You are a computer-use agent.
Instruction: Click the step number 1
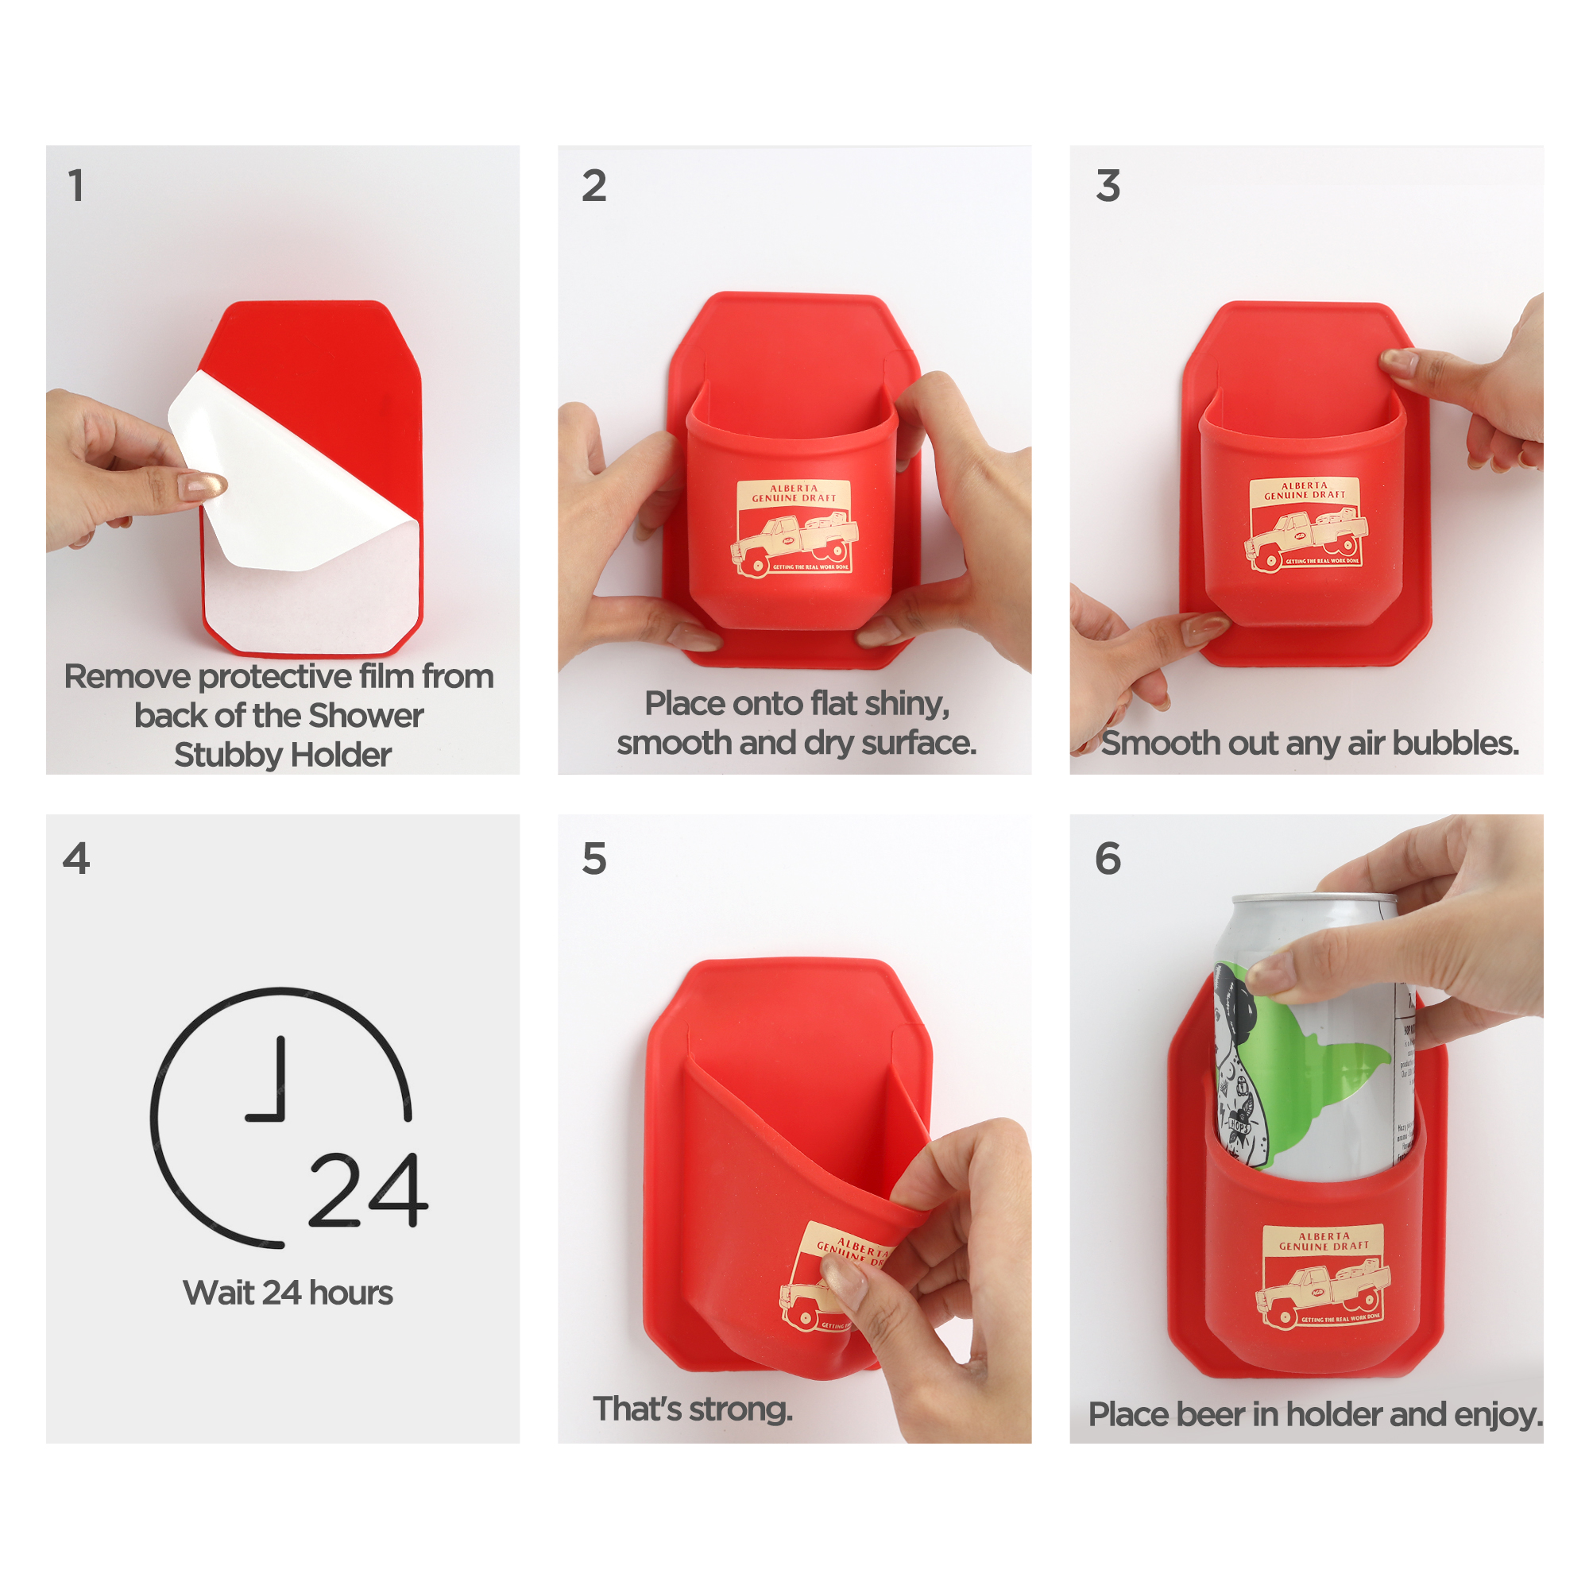75,186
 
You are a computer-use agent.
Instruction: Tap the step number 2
593,186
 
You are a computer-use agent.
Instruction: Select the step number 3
1108,186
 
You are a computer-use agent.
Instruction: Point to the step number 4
75,859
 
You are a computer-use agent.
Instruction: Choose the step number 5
593,859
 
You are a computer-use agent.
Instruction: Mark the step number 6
1108,859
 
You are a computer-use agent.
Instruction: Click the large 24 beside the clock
368,1190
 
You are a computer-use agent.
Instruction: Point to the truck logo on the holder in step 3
1305,525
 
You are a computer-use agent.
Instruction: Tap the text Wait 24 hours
288,1293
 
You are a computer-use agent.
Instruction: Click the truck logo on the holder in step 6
1322,1277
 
